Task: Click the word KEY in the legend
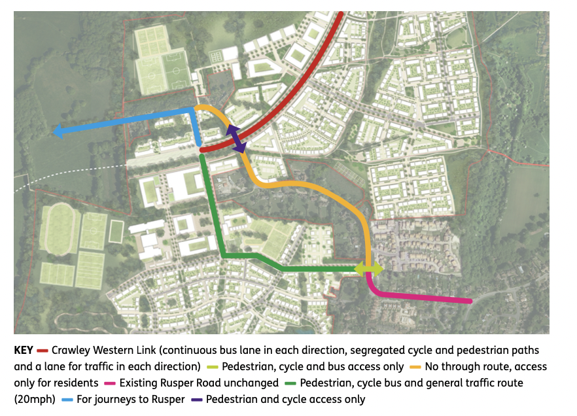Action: click(x=24, y=351)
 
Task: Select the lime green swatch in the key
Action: click(x=212, y=366)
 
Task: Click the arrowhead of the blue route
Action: click(x=58, y=132)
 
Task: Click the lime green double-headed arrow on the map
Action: click(x=368, y=268)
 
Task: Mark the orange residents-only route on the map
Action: click(x=307, y=185)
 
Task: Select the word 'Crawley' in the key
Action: click(x=70, y=351)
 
